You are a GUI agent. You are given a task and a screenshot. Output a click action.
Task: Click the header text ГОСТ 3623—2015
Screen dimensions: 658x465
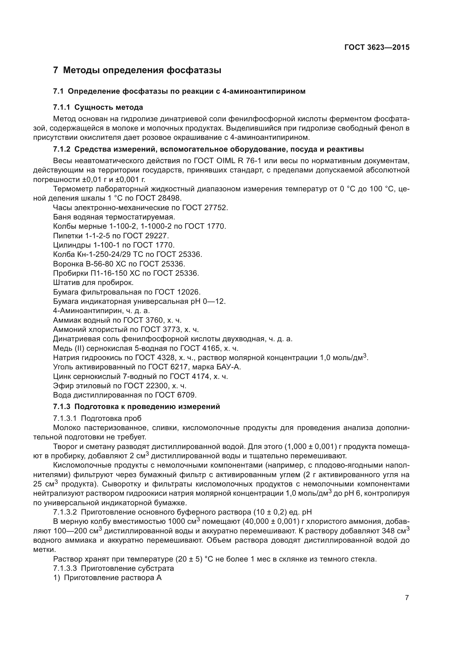pyautogui.click(x=377, y=48)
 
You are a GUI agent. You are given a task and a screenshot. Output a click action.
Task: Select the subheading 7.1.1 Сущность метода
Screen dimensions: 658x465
pyautogui.click(x=98, y=107)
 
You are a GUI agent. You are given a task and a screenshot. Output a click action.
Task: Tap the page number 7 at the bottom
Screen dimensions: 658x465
pyautogui.click(x=407, y=598)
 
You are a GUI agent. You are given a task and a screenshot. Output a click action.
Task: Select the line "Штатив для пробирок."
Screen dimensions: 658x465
pyautogui.click(x=93, y=282)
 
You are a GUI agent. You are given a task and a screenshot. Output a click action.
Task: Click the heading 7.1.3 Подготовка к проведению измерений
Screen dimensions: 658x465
pyautogui.click(x=136, y=407)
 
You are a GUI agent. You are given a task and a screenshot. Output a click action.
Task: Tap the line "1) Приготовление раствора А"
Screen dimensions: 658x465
pyautogui.click(x=107, y=578)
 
